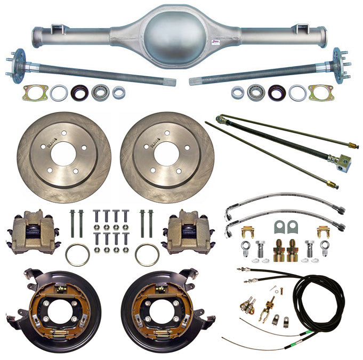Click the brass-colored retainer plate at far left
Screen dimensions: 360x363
[35, 93]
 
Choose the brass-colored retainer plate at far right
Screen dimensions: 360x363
[321, 93]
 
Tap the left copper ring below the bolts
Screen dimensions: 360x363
[77, 254]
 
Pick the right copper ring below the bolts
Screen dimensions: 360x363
[147, 254]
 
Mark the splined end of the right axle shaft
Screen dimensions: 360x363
[193, 82]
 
